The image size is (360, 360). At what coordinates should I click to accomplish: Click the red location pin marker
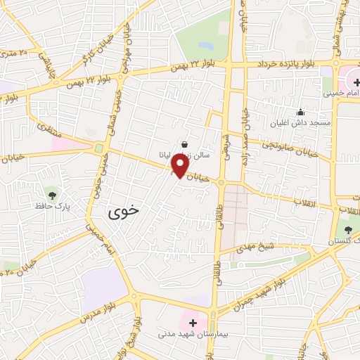[x=180, y=165]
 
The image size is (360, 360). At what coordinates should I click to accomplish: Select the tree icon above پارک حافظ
[x=51, y=194]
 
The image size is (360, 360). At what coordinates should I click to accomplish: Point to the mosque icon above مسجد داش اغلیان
[x=300, y=112]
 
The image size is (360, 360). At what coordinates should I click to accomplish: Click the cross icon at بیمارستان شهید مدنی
[x=193, y=323]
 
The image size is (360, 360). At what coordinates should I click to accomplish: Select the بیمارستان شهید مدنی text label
[x=193, y=335]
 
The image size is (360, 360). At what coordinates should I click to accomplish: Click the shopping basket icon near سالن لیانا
[x=184, y=143]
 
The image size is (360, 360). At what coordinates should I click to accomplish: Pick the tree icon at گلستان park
[x=348, y=229]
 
